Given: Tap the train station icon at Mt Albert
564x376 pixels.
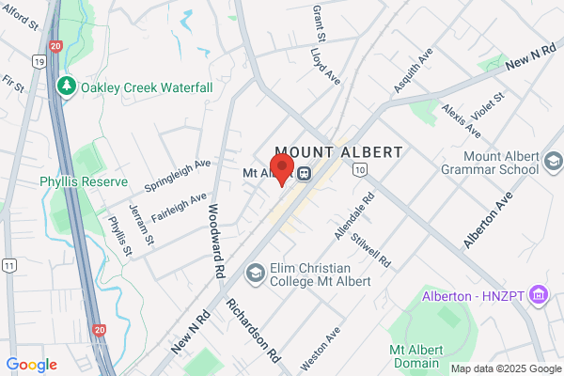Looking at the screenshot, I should coord(304,173).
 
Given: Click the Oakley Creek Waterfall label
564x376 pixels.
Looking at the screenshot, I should coord(146,86).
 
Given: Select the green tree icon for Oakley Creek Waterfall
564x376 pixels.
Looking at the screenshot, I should coord(67,86).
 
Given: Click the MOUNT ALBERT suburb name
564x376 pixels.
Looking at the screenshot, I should coord(338,152).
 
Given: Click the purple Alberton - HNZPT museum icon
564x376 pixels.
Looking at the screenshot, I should coord(539,295).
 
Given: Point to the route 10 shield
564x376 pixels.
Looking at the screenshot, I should coord(360,168).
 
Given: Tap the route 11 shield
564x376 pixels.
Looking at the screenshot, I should coord(8,266).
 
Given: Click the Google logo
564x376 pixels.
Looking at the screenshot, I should coord(31,365).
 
